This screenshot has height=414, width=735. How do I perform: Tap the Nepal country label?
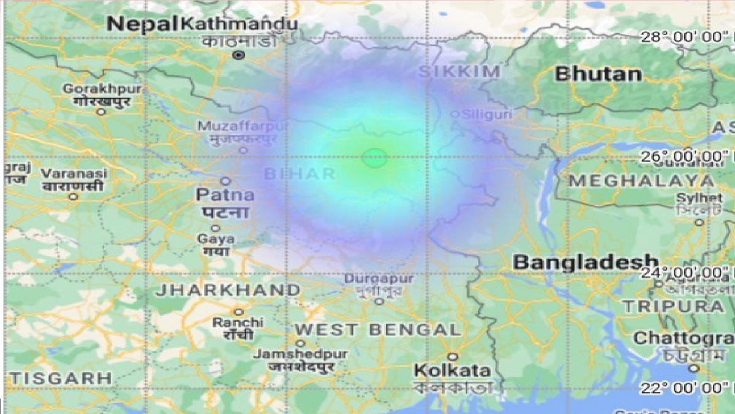pos(143,24)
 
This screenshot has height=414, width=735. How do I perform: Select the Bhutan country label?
pos(598,74)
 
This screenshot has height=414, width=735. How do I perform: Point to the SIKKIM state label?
pos(459,72)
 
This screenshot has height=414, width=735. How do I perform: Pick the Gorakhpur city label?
pos(102,90)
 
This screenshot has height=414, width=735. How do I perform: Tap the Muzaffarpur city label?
pos(241,126)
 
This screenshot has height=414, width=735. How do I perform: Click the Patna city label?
pos(225,195)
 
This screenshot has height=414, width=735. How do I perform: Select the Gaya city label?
pos(216,238)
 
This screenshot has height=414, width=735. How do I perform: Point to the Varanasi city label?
pos(74,174)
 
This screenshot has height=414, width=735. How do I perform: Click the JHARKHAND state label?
pos(227,290)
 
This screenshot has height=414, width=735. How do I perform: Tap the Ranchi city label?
pos(238,322)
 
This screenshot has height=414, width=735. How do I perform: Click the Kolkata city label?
pos(453,370)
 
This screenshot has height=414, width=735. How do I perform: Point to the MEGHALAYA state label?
pos(641,182)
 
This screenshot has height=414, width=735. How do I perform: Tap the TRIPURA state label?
pos(673,306)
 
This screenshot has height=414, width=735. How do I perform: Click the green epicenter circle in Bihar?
pos(374,158)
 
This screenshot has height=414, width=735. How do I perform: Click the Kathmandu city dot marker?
pos(239,55)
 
